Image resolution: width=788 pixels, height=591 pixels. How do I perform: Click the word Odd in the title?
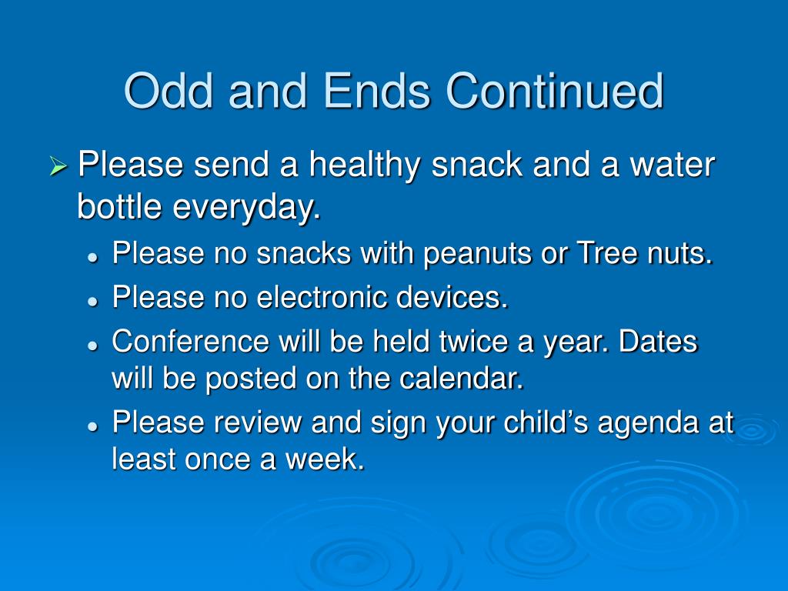tap(169, 91)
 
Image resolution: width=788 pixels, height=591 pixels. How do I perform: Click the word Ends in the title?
tap(376, 91)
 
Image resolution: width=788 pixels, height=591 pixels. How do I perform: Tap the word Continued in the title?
tap(555, 91)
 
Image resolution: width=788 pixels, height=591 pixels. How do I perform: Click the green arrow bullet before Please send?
tap(58, 166)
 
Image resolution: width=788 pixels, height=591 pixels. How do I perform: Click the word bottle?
tap(119, 206)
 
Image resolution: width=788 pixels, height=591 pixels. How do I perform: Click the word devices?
tap(452, 296)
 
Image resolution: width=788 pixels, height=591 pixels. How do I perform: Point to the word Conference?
tap(191, 341)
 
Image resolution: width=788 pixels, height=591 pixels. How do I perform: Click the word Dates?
tap(658, 341)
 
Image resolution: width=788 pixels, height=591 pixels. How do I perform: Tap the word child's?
tap(546, 422)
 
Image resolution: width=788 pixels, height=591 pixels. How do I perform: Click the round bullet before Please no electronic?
tap(92, 301)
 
